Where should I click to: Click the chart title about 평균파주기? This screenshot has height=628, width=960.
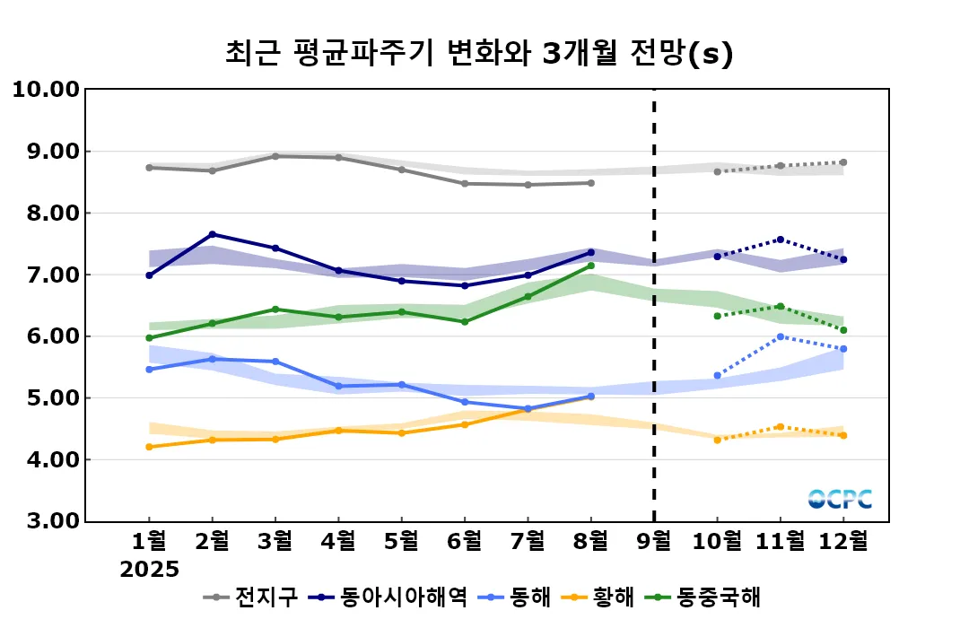pos(480,53)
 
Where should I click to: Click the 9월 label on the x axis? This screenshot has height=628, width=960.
pos(653,541)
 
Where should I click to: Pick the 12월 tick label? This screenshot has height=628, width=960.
pos(842,541)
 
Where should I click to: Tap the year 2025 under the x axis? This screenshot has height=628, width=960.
pos(150,569)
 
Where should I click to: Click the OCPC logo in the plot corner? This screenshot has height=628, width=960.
pos(840,499)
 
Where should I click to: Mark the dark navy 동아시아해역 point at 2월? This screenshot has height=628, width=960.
pos(212,234)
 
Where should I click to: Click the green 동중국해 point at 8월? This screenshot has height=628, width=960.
pos(590,266)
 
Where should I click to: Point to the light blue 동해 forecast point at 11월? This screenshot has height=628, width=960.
pos(781,336)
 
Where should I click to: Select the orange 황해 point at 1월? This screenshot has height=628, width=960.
pos(149,447)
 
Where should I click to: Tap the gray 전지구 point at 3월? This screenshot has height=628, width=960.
pos(275,156)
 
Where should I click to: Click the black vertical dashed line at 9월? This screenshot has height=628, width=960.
pos(654,305)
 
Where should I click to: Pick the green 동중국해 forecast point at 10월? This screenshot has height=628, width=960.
pos(717,316)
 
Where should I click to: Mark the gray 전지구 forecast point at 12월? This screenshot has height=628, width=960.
pos(843,162)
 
